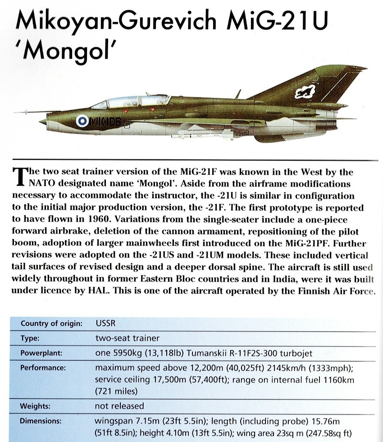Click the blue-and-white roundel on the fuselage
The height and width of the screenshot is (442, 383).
click(82, 120)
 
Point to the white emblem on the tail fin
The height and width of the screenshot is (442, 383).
click(303, 94)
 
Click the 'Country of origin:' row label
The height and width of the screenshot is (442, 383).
click(51, 324)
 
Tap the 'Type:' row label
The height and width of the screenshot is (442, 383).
click(30, 338)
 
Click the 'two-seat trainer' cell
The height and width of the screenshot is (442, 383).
click(127, 338)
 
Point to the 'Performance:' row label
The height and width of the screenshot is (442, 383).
click(43, 368)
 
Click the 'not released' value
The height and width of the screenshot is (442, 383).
click(119, 406)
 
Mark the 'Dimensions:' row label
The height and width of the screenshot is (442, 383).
click(41, 421)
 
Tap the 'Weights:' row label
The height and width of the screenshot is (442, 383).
click(34, 406)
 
